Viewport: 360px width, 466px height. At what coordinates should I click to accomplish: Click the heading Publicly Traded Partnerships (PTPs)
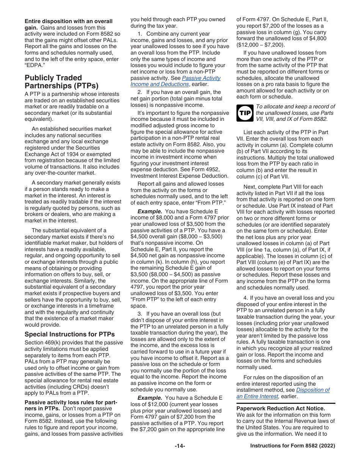coord(61,81)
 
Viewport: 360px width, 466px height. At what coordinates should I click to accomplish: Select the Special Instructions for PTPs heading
coord(69,334)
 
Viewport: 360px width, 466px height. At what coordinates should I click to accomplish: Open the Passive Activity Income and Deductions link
coord(175,81)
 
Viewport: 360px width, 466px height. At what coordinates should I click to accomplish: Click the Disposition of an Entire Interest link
coord(283,393)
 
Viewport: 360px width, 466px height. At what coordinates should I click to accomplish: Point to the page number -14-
coord(180,446)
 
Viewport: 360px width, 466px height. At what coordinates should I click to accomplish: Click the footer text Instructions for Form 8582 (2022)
coord(293,446)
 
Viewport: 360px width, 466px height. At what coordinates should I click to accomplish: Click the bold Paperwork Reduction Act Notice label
coord(280,408)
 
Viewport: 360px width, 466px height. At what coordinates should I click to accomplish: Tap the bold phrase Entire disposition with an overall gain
coord(68,21)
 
